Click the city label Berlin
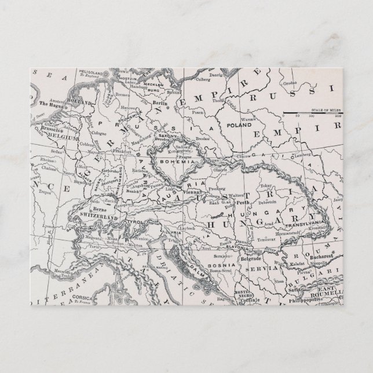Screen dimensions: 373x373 coord(160,101)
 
